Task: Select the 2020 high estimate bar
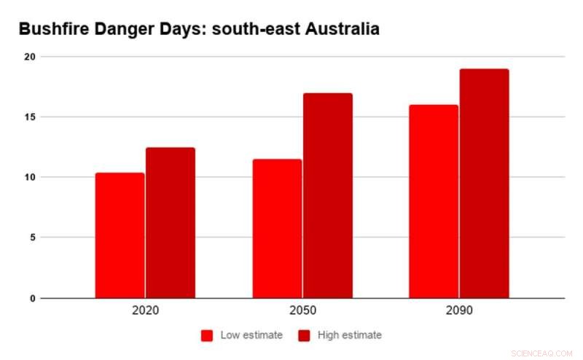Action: [171, 223]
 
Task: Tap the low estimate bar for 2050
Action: [278, 229]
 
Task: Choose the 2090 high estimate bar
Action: [485, 184]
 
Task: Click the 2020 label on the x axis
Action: [146, 310]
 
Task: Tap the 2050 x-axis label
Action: [302, 310]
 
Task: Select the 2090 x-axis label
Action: [460, 310]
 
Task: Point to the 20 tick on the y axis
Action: [28, 57]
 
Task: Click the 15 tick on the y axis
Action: [28, 117]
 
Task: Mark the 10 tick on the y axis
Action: [28, 177]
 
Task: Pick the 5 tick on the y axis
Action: [31, 238]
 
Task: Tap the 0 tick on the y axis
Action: [31, 298]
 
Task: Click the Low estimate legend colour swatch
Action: [207, 335]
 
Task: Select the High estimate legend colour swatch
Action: [304, 335]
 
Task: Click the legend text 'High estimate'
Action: [349, 335]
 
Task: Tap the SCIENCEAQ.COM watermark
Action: [543, 353]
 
